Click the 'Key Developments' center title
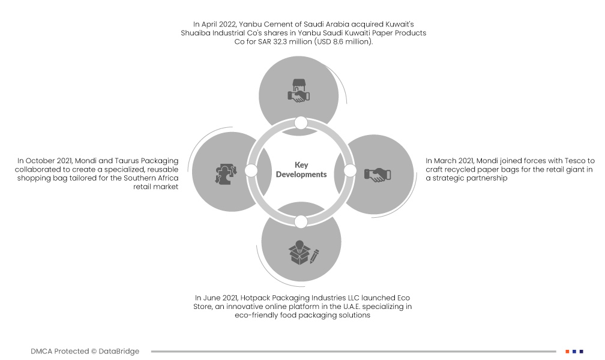point(301,170)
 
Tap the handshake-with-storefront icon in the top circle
point(299,91)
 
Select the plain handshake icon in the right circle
point(378,175)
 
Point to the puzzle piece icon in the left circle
point(226,174)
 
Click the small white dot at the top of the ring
point(301,123)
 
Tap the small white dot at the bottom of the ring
point(301,222)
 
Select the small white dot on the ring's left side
point(251,170)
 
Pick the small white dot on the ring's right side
point(350,170)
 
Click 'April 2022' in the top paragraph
point(218,25)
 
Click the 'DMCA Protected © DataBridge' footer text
point(85,351)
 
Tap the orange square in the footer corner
point(567,352)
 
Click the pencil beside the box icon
point(315,256)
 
